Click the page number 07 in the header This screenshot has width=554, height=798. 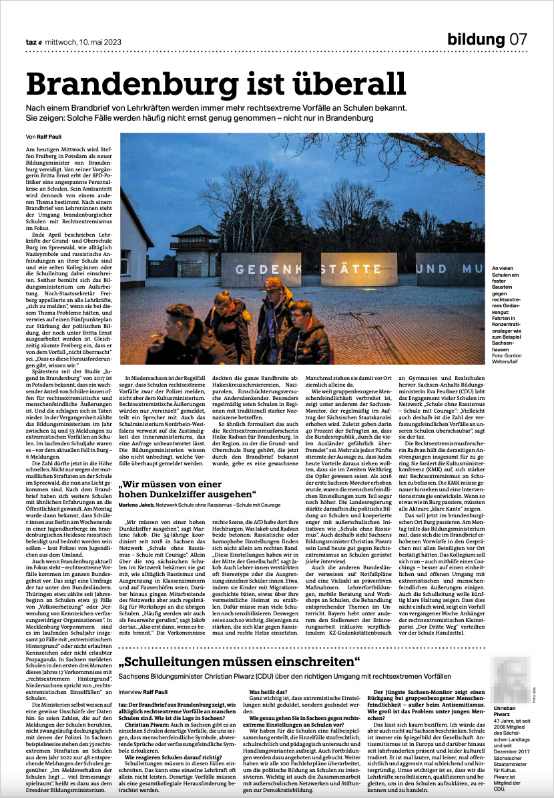pos(519,39)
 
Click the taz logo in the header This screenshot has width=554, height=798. pos(32,41)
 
